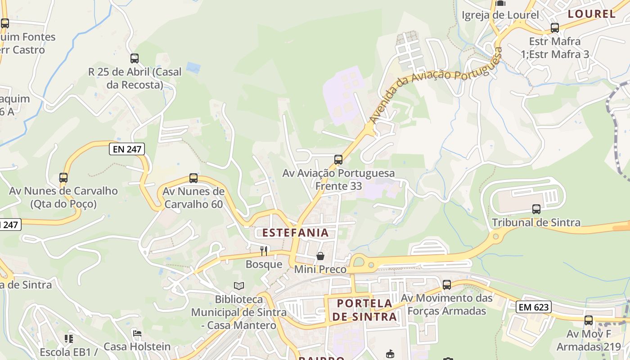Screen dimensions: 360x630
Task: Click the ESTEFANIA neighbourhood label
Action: click(x=295, y=233)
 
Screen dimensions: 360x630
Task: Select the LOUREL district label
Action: click(x=591, y=14)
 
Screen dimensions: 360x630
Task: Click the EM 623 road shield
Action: click(x=533, y=307)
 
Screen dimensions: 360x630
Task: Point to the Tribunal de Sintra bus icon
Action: click(x=536, y=209)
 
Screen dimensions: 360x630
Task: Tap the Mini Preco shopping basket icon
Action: click(x=320, y=256)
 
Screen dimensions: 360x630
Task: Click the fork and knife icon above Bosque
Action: click(x=264, y=251)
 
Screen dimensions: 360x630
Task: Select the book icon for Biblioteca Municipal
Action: click(x=239, y=286)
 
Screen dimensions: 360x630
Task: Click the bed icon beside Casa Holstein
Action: click(x=137, y=333)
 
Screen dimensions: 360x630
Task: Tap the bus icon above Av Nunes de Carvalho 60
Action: click(x=193, y=178)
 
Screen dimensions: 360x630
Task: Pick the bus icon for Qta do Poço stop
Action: click(x=63, y=178)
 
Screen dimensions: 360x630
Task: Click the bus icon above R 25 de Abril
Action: click(x=135, y=58)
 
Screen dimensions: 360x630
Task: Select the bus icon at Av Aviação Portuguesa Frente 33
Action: click(x=338, y=159)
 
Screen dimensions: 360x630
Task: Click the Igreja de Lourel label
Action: click(x=500, y=15)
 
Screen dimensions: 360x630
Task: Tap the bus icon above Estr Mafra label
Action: click(x=555, y=28)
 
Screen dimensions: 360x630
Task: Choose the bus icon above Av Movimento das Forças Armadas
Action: click(x=446, y=285)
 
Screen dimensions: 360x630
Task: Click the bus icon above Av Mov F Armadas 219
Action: click(x=589, y=320)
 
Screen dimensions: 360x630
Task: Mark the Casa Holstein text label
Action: click(x=137, y=346)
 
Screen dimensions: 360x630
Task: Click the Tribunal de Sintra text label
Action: click(x=536, y=222)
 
